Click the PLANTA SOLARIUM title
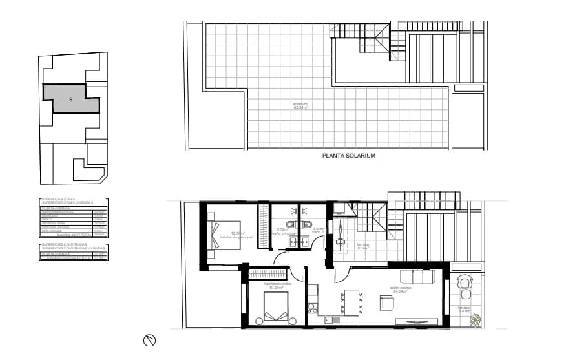point(348,156)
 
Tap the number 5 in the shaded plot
point(71,100)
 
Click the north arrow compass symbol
point(149,340)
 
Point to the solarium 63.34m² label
point(300,105)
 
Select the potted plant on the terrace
point(476,319)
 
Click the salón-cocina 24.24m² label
point(399,290)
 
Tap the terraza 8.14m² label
point(363,246)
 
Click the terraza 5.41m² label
point(464,310)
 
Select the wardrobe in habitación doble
point(267,273)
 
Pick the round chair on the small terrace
point(465,282)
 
